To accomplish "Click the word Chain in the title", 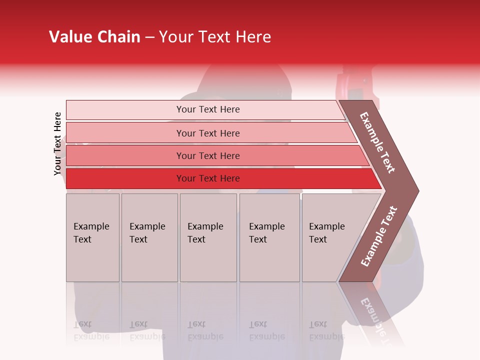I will click(x=118, y=37).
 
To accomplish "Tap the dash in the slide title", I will click(x=149, y=37).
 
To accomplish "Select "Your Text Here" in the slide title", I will click(x=215, y=37).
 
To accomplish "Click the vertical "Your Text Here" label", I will click(x=57, y=144).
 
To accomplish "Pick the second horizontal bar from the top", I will click(x=208, y=133).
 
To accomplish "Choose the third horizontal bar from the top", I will click(x=208, y=155).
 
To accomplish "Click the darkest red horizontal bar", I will click(x=208, y=178).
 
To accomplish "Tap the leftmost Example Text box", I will click(x=92, y=237).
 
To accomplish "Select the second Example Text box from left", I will click(x=149, y=237).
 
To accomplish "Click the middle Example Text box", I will click(x=208, y=237).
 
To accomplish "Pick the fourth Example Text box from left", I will click(x=269, y=237).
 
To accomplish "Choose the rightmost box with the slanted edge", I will click(x=330, y=237).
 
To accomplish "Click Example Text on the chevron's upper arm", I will click(x=377, y=143).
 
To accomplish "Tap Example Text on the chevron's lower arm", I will click(x=378, y=236).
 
